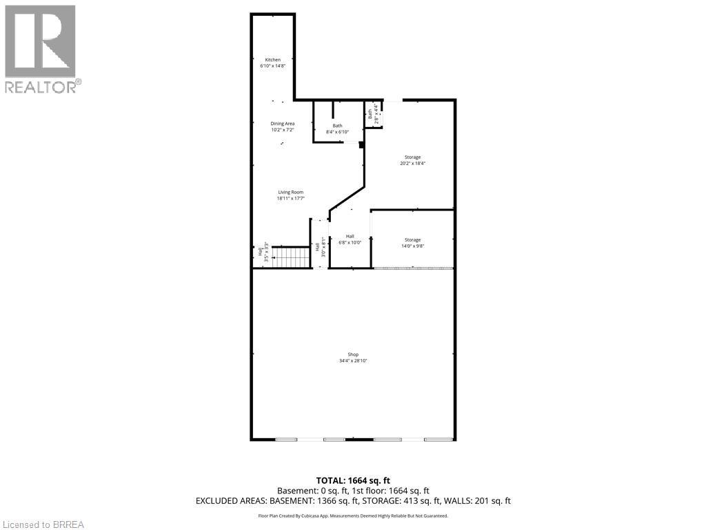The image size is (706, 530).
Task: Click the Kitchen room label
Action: (274, 60)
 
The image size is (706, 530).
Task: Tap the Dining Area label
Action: (282, 124)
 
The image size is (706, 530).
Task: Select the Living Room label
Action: (290, 193)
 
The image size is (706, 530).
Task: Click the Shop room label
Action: (353, 355)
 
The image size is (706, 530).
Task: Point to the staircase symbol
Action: (291, 257)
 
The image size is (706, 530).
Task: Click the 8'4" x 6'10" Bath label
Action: (337, 126)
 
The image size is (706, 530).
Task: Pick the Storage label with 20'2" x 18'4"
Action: (412, 157)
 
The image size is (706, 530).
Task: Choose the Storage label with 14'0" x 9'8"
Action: (412, 240)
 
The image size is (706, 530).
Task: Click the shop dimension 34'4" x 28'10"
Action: (353, 361)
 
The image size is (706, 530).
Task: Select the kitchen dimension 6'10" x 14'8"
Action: (274, 66)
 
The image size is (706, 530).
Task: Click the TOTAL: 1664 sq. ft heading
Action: (353, 480)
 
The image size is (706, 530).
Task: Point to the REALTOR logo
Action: (41, 49)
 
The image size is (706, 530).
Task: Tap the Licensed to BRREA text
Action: (42, 524)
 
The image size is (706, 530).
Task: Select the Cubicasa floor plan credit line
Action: (353, 516)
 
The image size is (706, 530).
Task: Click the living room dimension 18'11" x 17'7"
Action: (290, 199)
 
